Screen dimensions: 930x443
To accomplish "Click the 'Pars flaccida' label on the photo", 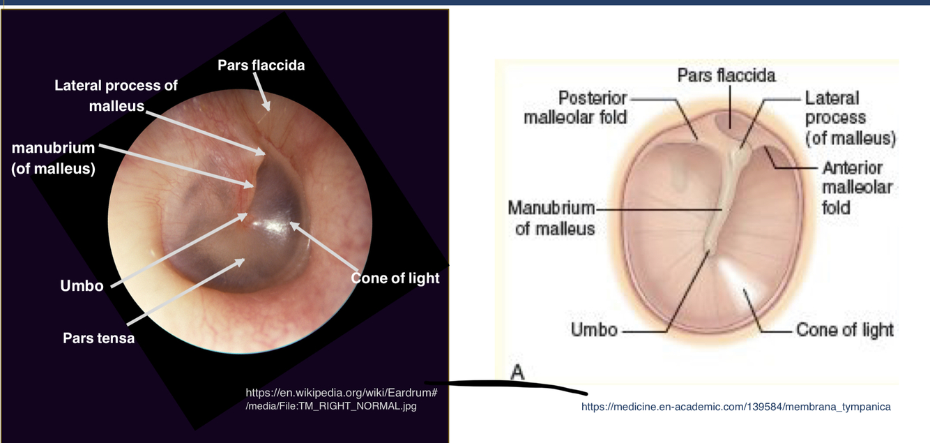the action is (261, 65).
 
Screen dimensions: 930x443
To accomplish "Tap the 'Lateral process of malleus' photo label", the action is (116, 96).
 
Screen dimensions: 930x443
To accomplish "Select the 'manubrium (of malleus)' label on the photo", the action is (53, 158).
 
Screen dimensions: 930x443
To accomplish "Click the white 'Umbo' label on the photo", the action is (82, 286).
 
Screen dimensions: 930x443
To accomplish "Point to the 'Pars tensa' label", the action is (98, 338).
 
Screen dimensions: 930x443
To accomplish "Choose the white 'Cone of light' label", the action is (395, 278).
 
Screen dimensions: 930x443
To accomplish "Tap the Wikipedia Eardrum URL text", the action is (341, 399).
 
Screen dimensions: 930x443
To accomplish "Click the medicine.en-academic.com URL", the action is (735, 407).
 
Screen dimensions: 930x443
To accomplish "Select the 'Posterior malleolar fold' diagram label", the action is (575, 107).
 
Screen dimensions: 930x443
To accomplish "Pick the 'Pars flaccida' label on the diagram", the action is (726, 75).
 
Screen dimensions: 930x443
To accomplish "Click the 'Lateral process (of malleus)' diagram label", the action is (849, 118).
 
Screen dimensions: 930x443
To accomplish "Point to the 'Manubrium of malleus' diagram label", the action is (551, 218).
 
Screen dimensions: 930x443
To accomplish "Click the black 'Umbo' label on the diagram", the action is (594, 329).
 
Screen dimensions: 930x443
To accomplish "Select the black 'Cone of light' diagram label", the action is (844, 329).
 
